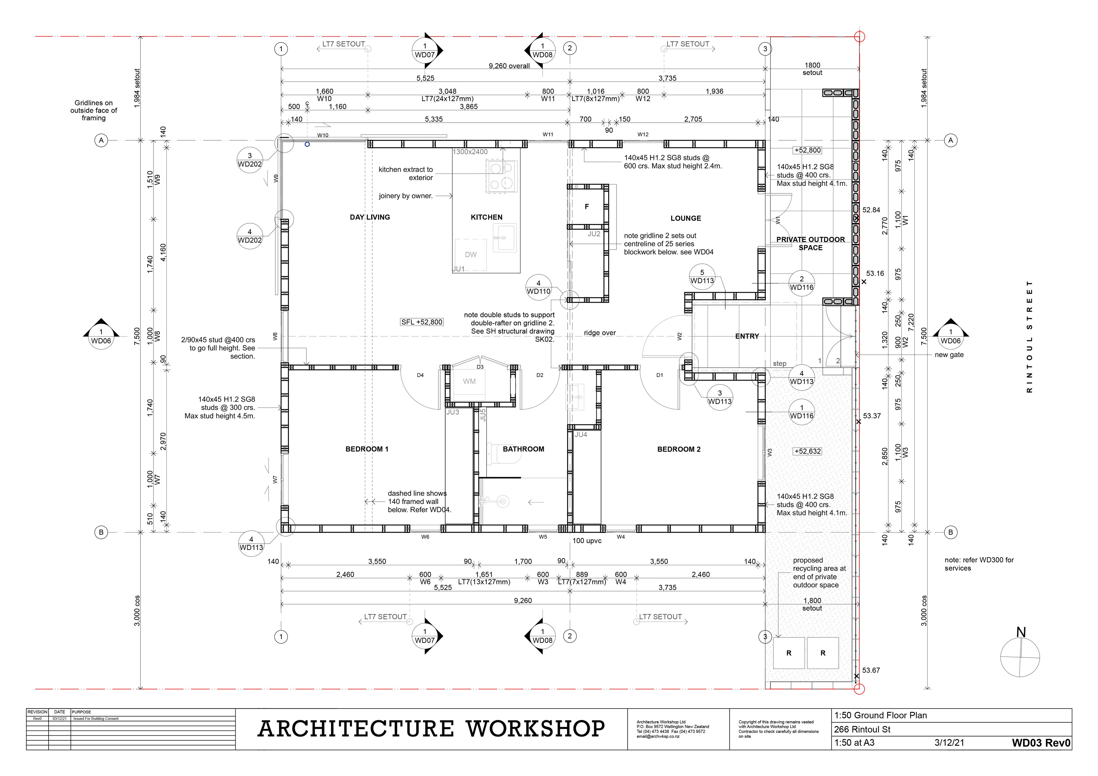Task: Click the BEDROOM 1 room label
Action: [x=367, y=449]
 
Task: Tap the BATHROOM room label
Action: [x=523, y=449]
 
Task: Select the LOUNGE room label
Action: [x=686, y=218]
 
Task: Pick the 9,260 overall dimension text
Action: [x=509, y=66]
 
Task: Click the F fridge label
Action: [x=587, y=207]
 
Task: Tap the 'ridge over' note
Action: [x=600, y=333]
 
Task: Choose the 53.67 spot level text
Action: [x=871, y=670]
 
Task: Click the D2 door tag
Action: [x=540, y=375]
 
